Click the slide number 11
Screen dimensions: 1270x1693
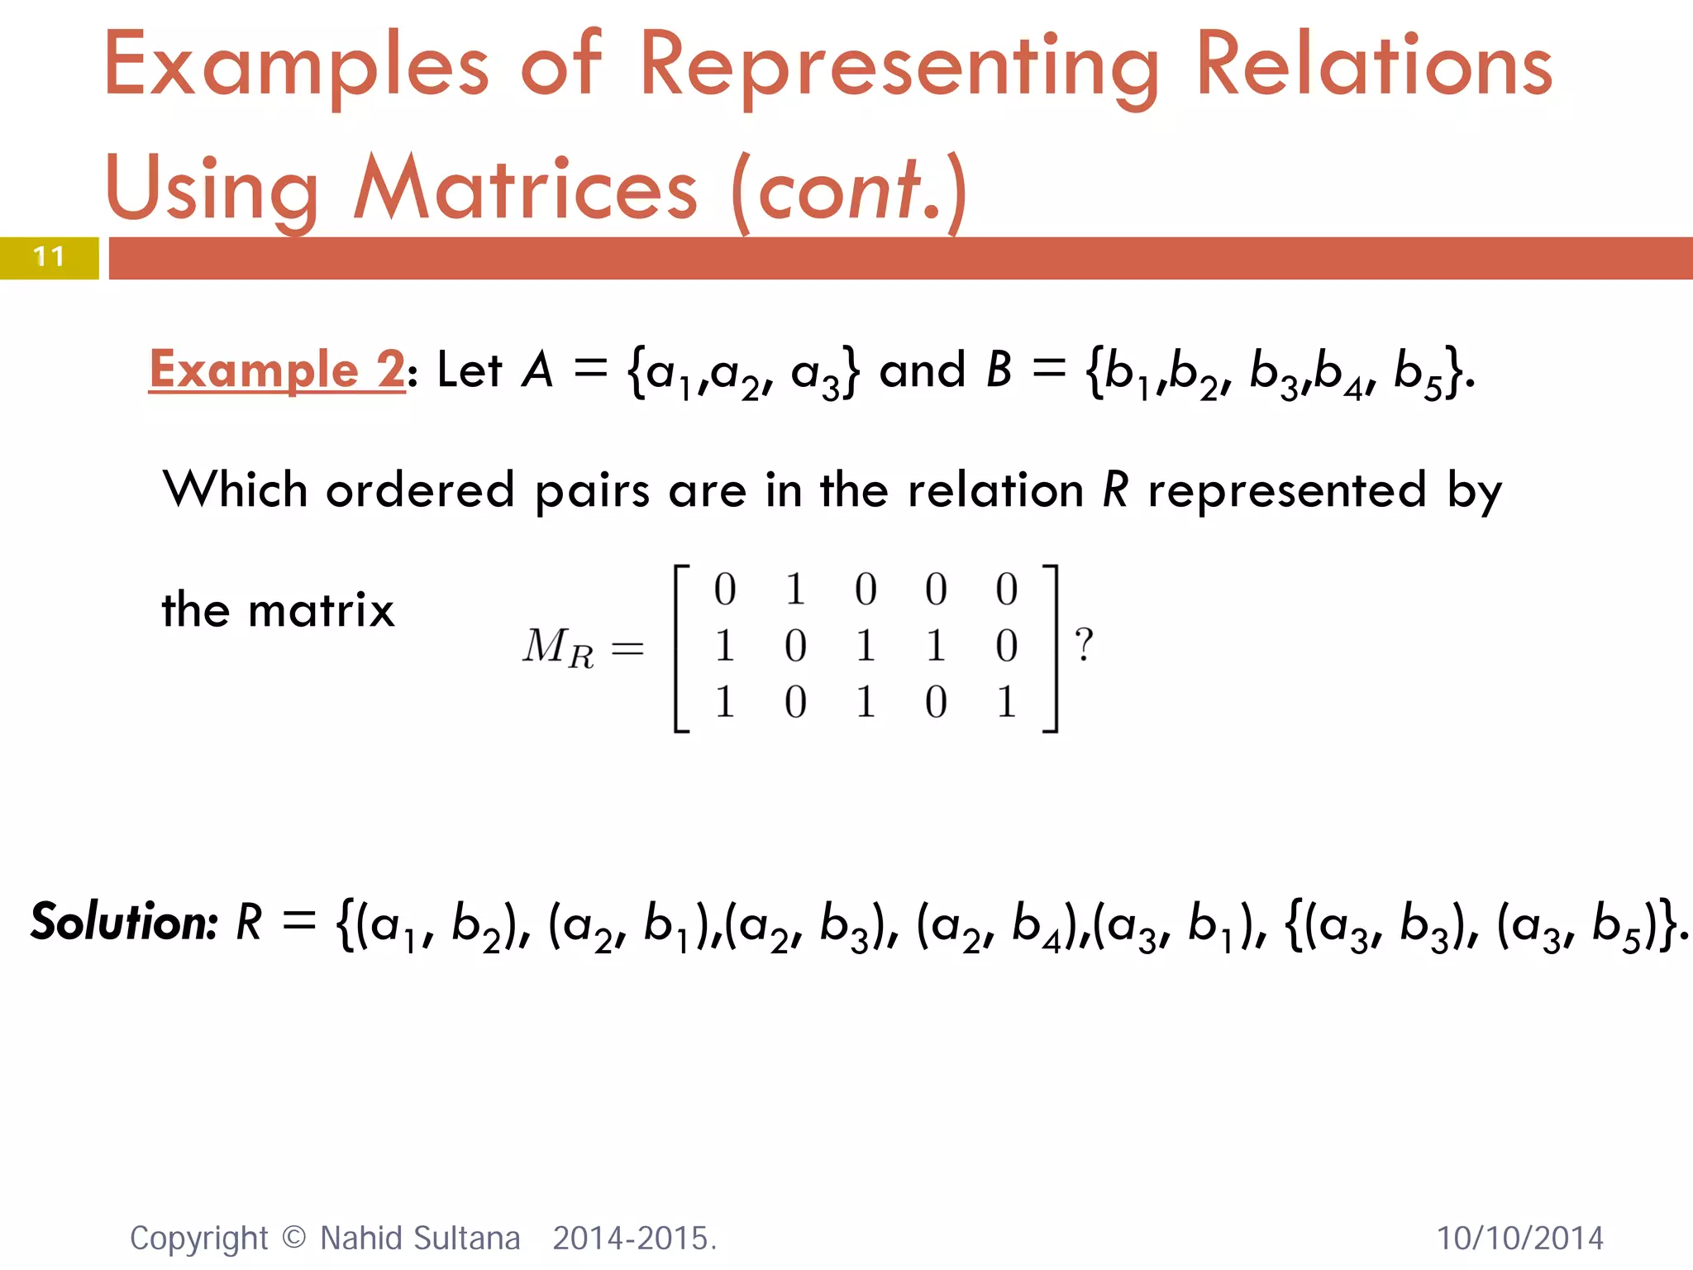tap(49, 257)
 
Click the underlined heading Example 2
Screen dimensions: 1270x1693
tap(277, 370)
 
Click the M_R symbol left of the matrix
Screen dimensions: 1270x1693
tap(557, 647)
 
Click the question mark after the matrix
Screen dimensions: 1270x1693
tap(1083, 645)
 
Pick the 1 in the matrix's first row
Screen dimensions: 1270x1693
tap(795, 590)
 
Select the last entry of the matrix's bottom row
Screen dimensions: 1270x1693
tap(1006, 702)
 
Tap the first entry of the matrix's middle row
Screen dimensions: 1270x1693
tap(725, 646)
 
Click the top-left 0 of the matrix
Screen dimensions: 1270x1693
tap(725, 590)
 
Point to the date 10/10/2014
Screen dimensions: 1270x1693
tap(1519, 1239)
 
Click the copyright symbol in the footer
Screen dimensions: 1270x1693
tap(293, 1238)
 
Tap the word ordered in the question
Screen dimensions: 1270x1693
tap(420, 490)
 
